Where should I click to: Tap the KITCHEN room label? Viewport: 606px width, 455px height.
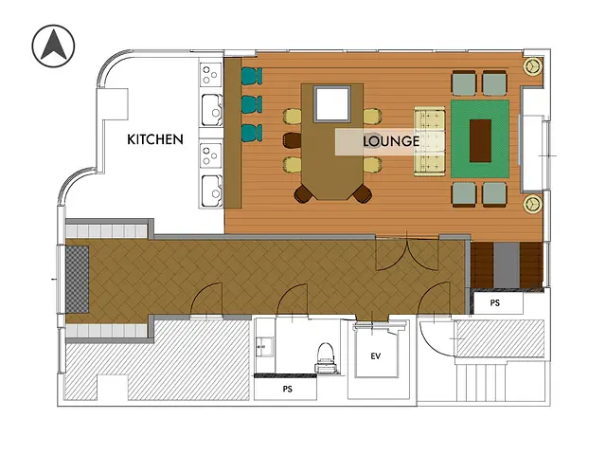155,139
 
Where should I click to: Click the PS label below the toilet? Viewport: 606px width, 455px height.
288,389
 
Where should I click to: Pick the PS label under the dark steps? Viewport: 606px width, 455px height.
494,303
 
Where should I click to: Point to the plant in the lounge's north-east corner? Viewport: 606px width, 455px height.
534,66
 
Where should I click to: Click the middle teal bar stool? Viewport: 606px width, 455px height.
251,103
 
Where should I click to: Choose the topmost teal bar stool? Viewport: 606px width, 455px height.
251,76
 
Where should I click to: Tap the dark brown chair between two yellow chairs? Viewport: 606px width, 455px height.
292,140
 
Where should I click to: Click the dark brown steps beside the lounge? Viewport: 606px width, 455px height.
508,264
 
